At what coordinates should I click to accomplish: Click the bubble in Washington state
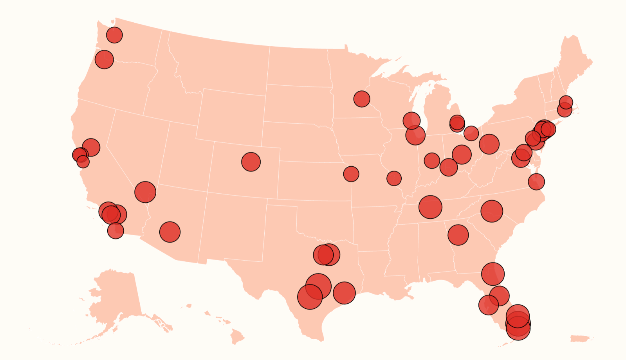click(114, 35)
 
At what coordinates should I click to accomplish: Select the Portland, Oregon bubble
click(104, 59)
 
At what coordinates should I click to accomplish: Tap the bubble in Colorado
click(251, 162)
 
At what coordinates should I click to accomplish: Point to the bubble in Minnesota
click(362, 99)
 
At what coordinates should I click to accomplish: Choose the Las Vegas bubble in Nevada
click(145, 192)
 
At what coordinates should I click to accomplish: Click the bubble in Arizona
click(170, 232)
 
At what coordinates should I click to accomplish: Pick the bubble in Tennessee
click(430, 207)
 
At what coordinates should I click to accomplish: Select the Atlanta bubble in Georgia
click(458, 235)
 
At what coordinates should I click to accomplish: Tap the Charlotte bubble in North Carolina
click(492, 211)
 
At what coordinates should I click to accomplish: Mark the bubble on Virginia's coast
click(536, 182)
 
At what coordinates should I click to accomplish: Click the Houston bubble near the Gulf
click(344, 293)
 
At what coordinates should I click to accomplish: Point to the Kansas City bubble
click(351, 174)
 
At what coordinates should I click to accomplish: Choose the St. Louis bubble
click(394, 178)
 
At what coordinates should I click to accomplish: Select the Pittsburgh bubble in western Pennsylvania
click(489, 144)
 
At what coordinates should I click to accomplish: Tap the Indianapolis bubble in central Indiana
click(432, 160)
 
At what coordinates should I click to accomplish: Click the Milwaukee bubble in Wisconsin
click(411, 121)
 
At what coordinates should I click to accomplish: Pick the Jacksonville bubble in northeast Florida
click(493, 274)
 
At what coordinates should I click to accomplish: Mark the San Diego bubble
click(115, 231)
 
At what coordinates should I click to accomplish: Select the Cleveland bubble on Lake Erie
click(471, 133)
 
